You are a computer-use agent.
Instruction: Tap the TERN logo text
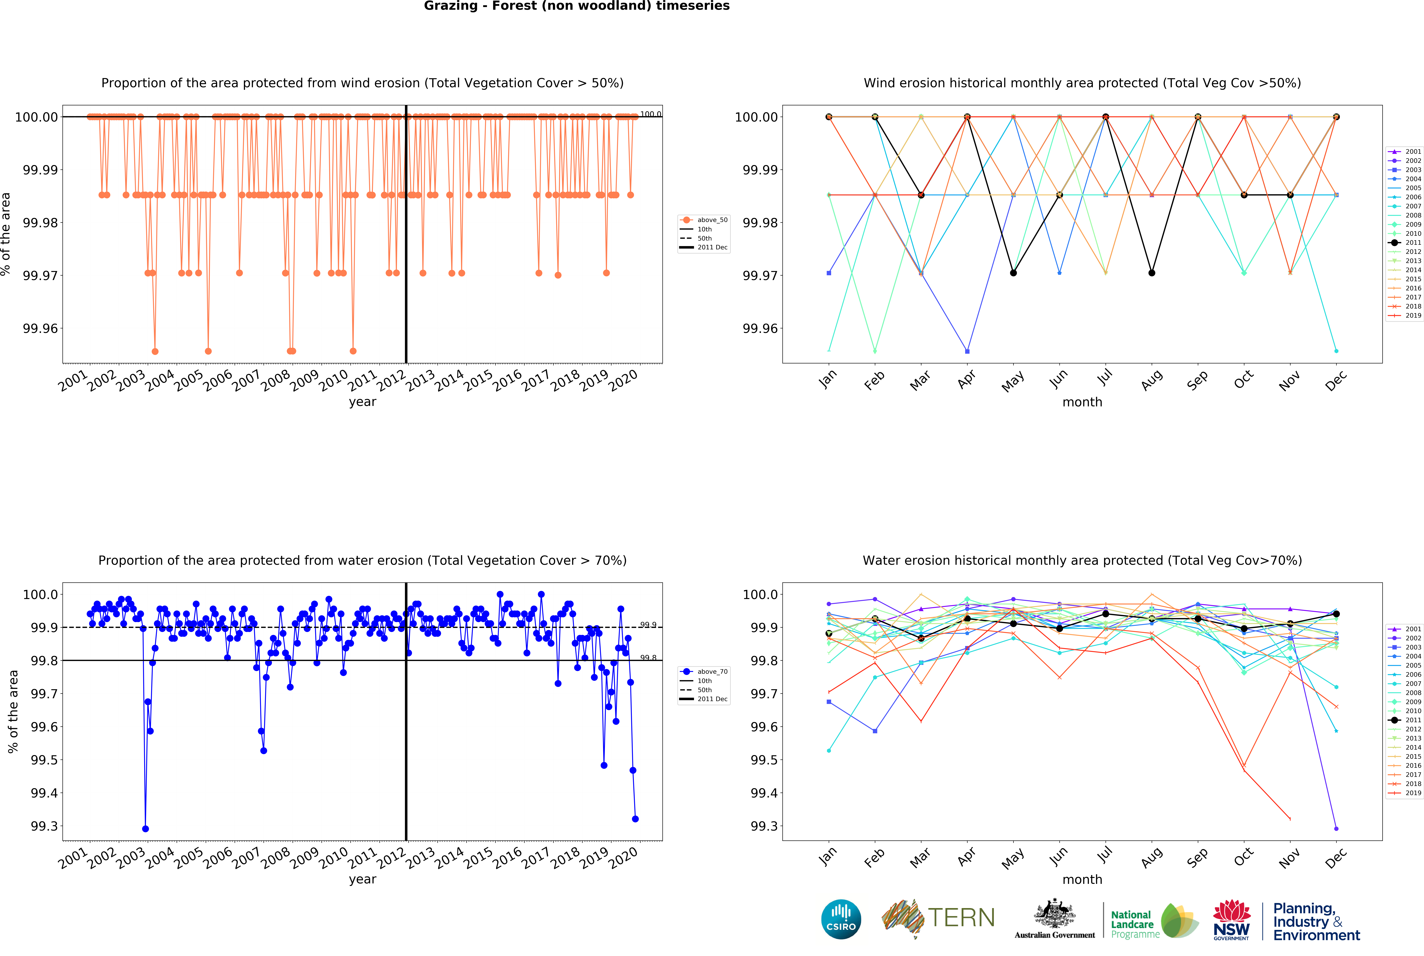[961, 918]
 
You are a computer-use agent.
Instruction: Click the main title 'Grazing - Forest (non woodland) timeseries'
[577, 6]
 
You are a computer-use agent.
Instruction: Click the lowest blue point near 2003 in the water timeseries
[145, 829]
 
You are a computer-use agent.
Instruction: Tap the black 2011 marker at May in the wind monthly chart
[1013, 273]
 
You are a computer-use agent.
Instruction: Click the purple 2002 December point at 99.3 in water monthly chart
[1336, 829]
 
